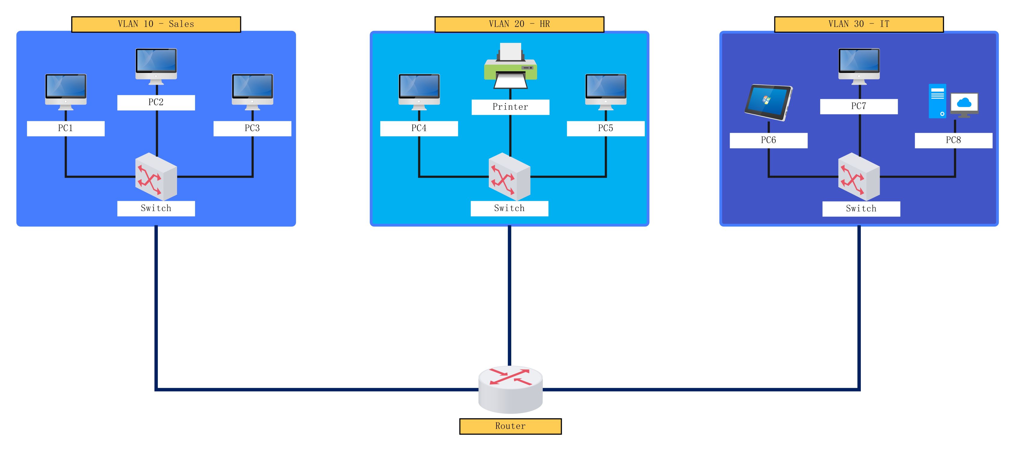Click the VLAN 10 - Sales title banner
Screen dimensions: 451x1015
156,24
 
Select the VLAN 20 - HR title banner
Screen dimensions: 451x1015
519,24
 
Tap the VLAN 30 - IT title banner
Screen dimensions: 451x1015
859,24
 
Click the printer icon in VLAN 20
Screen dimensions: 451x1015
510,66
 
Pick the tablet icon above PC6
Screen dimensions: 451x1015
768,102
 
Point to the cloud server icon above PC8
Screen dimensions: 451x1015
953,101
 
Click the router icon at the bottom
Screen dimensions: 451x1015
510,389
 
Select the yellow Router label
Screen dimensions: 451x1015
510,426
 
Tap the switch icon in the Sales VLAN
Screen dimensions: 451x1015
156,176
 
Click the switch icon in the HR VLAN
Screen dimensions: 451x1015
509,176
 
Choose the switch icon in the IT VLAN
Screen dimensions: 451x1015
859,176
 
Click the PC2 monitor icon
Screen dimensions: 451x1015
156,66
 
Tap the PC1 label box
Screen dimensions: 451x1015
66,128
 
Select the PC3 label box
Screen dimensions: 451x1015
252,128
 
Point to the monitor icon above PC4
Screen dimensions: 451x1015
419,91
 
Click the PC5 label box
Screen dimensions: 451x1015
606,128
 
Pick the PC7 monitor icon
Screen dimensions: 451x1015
859,66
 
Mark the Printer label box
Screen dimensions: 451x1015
510,107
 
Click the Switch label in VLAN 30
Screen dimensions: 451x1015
861,209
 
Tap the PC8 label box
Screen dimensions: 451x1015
953,140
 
